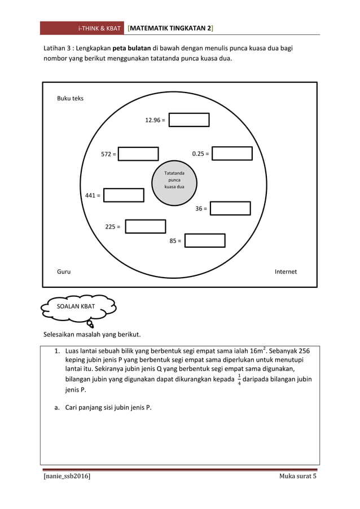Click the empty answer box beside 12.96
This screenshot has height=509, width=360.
pos(189,120)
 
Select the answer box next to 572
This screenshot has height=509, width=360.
pos(138,153)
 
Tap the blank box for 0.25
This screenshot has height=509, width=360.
pos(232,153)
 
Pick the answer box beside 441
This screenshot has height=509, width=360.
pos(124,195)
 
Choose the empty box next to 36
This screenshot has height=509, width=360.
pos(230,208)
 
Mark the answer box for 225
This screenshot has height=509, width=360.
pos(145,226)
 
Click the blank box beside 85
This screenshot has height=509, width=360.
pos(205,240)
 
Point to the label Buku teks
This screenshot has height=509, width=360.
pos(70,98)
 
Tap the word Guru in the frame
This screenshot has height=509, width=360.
pos(64,271)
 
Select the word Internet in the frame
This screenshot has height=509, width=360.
pos(286,271)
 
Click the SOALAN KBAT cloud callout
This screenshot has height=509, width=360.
pos(79,306)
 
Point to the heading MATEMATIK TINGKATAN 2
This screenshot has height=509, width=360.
pos(170,28)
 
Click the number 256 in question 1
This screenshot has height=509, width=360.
pos(302,351)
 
